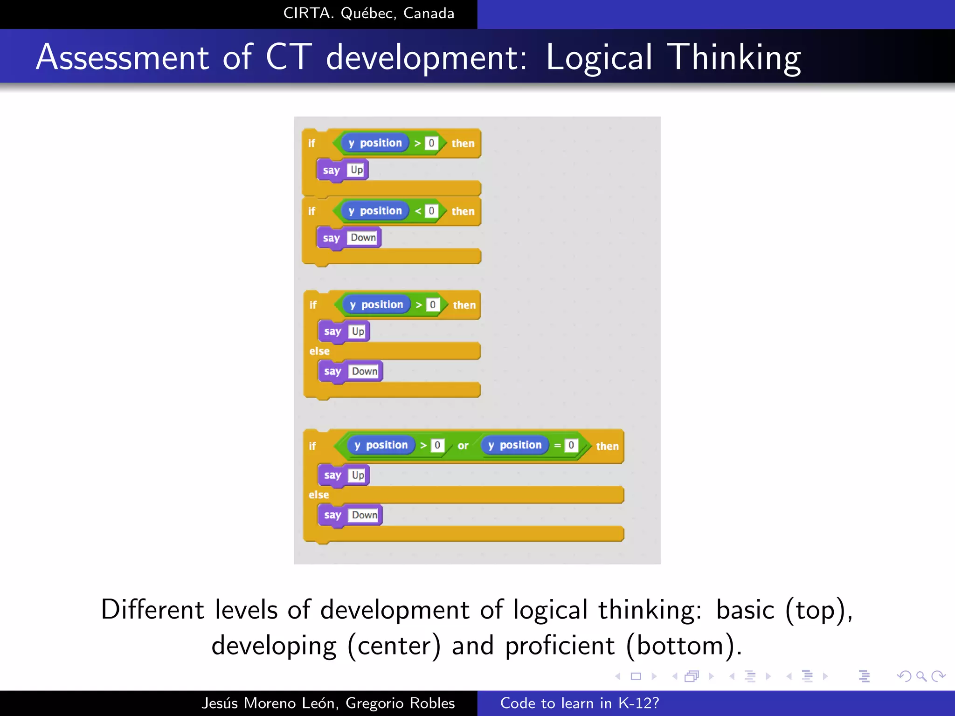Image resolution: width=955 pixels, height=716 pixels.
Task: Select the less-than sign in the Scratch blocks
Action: tap(418, 211)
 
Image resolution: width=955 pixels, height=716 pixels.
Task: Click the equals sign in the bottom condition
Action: tap(557, 446)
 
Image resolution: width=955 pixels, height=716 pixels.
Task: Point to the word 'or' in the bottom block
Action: tap(463, 446)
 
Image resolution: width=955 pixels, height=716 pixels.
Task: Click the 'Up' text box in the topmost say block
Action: tap(357, 170)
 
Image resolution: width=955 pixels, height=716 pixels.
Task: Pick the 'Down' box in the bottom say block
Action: tap(365, 515)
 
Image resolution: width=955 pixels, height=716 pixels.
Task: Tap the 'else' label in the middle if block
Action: tap(319, 351)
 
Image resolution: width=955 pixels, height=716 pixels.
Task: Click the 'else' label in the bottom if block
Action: tap(319, 495)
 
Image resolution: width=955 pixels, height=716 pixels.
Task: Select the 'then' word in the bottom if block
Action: tap(607, 446)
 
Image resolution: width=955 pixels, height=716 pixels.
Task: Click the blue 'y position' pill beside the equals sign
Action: tap(515, 445)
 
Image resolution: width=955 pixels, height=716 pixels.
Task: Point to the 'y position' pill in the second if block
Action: tap(375, 211)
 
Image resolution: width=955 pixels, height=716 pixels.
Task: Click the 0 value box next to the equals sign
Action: tap(571, 445)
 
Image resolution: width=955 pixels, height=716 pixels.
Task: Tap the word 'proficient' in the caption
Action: tap(560, 646)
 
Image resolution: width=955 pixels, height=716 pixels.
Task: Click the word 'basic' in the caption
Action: tap(745, 610)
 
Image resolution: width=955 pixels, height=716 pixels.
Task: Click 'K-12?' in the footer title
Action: tap(638, 703)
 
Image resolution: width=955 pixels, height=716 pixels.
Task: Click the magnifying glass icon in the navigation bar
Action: tap(921, 676)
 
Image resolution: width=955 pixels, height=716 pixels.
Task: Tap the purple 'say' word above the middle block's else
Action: tap(332, 331)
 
